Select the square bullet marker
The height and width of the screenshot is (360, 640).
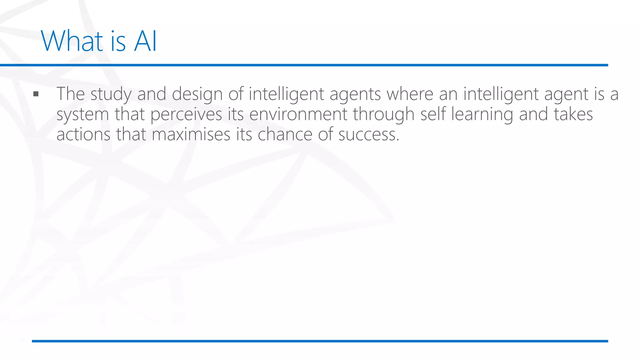tap(36, 94)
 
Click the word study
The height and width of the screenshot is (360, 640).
tap(111, 94)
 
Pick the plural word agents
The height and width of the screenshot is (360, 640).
tap(355, 94)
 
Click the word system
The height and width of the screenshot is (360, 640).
tap(82, 114)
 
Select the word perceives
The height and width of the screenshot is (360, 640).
tap(186, 114)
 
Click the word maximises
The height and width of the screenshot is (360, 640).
tap(191, 134)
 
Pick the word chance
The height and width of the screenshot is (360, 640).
tap(285, 134)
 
